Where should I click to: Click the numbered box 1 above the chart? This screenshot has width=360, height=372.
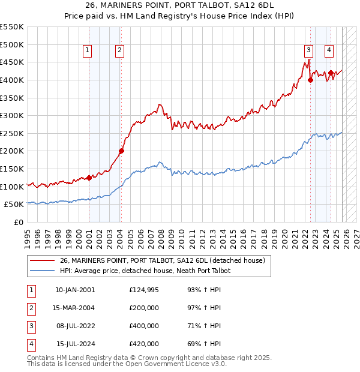(x=88, y=51)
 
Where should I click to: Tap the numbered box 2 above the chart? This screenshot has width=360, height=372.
(x=120, y=51)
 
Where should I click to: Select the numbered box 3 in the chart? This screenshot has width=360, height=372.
(x=308, y=51)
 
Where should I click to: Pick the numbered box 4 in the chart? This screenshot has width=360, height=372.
(x=329, y=51)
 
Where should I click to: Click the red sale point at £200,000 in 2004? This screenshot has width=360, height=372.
(x=121, y=151)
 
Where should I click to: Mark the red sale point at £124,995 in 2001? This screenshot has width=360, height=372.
(x=89, y=178)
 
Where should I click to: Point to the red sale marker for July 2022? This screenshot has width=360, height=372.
(x=310, y=80)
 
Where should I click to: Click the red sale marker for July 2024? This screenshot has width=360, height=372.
(x=331, y=73)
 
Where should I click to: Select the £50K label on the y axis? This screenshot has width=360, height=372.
(x=14, y=205)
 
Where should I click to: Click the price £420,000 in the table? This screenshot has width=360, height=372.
(x=143, y=344)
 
